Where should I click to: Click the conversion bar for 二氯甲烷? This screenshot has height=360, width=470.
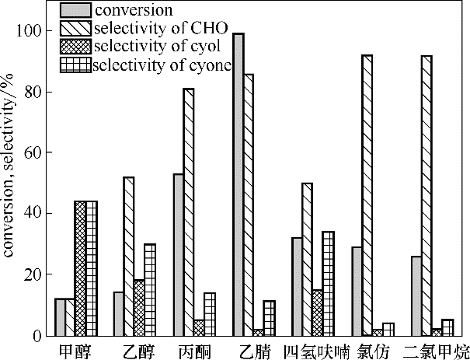coord(416,295)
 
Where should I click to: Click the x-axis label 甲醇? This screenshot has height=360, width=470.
coord(75,350)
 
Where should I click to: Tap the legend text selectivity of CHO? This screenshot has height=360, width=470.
coord(159,29)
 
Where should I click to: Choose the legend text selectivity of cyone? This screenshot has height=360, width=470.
coord(162,65)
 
